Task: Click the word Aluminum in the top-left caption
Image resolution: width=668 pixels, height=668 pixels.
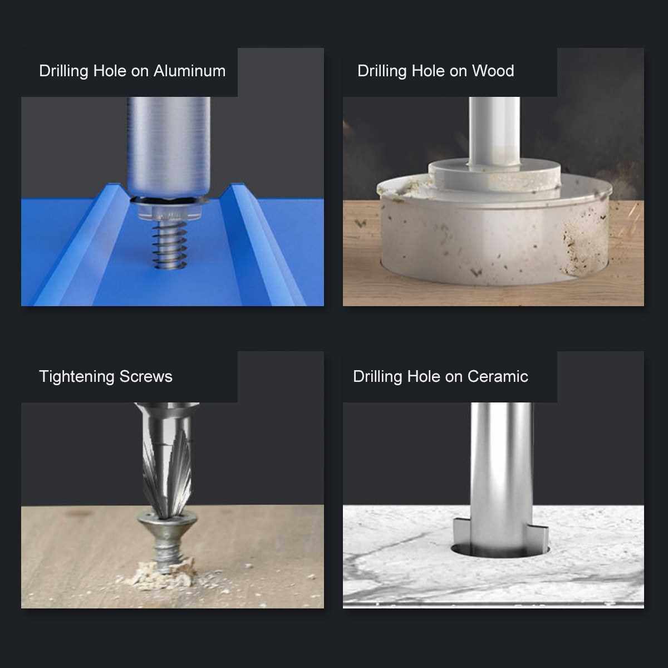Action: click(189, 71)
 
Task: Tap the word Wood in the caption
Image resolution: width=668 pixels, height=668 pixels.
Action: click(493, 71)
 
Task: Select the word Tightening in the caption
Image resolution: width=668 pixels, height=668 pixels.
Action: click(77, 377)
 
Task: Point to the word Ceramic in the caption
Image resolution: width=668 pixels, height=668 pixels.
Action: click(498, 376)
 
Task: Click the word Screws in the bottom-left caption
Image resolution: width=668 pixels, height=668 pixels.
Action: click(146, 377)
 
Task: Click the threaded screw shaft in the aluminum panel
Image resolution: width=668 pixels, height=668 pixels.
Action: click(170, 245)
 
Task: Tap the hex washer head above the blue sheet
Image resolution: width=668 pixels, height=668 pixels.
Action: click(170, 209)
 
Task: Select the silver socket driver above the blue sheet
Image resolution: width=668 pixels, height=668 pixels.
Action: click(169, 148)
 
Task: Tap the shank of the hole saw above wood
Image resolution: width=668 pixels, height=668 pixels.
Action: click(494, 132)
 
